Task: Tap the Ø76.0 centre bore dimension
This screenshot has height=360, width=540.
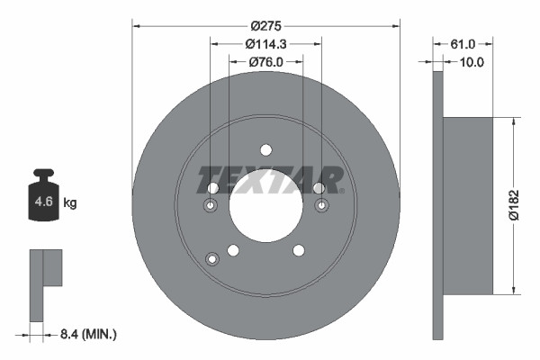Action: [x=265, y=61]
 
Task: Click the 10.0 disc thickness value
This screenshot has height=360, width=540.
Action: [x=471, y=62]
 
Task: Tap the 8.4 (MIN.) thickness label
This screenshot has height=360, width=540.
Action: [x=86, y=334]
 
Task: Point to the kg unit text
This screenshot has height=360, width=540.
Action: [x=70, y=203]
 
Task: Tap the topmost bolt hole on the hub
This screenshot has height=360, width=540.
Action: [x=265, y=150]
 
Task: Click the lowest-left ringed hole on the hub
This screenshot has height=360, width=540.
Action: [x=212, y=259]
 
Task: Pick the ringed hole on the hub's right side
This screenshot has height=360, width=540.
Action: [x=321, y=206]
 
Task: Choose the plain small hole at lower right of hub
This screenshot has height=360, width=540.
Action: [x=298, y=250]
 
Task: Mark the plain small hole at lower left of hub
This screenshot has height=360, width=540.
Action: [x=233, y=250]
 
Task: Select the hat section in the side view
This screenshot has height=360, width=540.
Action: [x=469, y=205]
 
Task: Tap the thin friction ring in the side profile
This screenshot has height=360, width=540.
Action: [x=438, y=205]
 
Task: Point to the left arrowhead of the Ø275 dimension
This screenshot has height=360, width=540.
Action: [x=137, y=24]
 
